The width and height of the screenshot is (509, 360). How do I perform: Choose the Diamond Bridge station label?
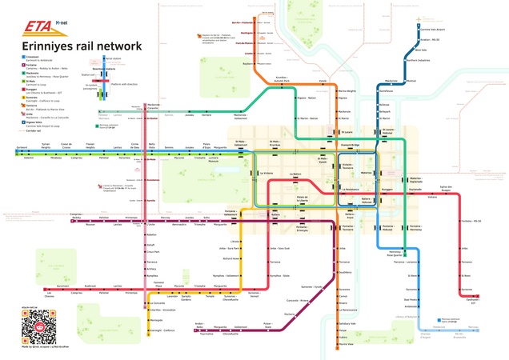351,145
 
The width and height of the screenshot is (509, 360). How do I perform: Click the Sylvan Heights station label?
46,146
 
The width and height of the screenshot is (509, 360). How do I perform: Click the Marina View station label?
345,345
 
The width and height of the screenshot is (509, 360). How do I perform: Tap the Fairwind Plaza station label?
158,283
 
